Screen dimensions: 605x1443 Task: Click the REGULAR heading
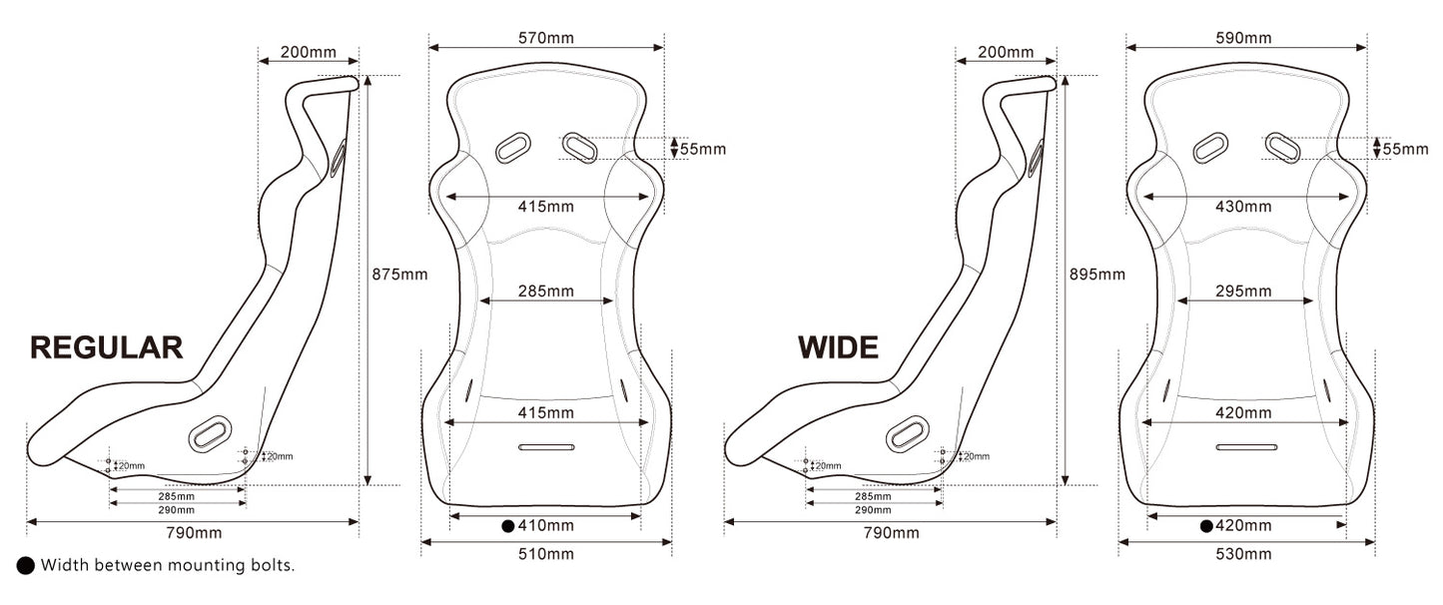coord(107,347)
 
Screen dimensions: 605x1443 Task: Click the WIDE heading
coord(838,347)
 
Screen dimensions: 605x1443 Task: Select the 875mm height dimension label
coord(398,274)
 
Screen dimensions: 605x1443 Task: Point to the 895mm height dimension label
coord(1096,274)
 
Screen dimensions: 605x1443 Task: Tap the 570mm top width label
coord(546,38)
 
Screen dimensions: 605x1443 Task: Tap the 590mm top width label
coord(1243,38)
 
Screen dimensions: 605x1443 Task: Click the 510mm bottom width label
coord(546,554)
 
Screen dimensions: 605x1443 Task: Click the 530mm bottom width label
coord(1244,554)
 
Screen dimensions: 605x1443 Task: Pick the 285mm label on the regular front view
coord(546,292)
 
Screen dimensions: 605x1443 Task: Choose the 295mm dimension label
coord(1244,292)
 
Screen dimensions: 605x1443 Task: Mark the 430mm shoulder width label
coord(1244,207)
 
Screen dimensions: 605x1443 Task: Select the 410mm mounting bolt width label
coord(546,525)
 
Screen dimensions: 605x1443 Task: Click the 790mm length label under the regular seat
coord(194,533)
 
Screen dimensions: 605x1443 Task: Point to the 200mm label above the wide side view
coord(1006,52)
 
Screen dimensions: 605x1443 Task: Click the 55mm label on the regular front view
coord(702,150)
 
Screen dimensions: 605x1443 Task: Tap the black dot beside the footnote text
coord(26,566)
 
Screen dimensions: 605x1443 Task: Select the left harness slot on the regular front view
coord(513,148)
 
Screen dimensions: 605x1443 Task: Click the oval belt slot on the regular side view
coord(210,433)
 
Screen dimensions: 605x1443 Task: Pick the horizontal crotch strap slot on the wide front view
coord(1246,446)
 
